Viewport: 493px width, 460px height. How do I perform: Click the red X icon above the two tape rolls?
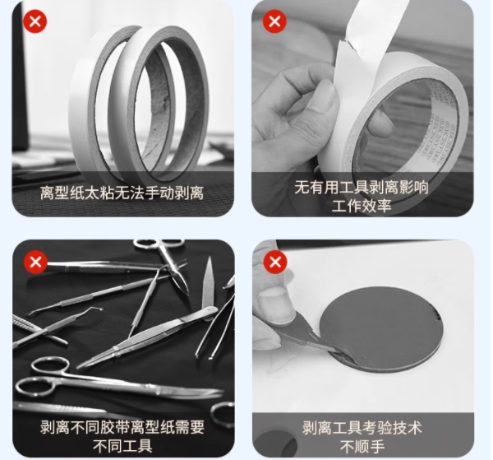tap(35, 21)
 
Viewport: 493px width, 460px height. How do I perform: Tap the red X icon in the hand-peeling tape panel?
tap(274, 21)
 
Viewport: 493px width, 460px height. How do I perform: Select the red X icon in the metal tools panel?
tap(35, 262)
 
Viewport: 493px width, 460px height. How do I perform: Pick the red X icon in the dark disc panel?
tap(275, 262)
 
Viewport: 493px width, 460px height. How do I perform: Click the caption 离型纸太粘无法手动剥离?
tap(122, 193)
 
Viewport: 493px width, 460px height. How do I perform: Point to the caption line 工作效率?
tap(362, 207)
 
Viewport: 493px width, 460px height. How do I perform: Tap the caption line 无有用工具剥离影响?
tap(362, 188)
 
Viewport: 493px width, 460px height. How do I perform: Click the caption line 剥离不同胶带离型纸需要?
tap(122, 427)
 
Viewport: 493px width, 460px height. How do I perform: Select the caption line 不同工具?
tap(122, 446)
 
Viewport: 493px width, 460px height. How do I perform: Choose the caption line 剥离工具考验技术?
tap(362, 427)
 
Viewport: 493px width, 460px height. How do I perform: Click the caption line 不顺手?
tap(362, 446)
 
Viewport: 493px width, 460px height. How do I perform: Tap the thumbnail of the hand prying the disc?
tap(363, 348)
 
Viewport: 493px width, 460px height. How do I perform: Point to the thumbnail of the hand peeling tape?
tap(362, 109)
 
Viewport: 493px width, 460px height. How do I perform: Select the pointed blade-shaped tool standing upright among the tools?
tap(208, 283)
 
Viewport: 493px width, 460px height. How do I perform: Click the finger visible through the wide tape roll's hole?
tap(380, 123)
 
